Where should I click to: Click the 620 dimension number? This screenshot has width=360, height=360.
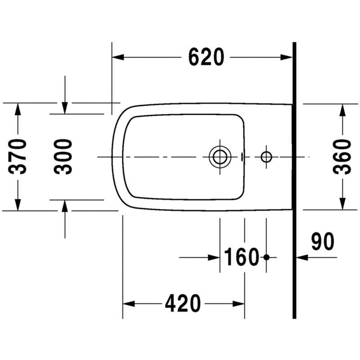coord(206,57)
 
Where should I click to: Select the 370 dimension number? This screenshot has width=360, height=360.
coord(18,157)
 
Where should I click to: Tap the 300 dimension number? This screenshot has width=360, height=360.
coord(63,157)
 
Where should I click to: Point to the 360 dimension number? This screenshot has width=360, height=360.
coord(342,157)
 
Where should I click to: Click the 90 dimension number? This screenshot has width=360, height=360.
coord(323,241)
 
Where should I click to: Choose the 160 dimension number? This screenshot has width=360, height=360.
coord(241,257)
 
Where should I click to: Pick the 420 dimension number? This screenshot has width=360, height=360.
coord(183,303)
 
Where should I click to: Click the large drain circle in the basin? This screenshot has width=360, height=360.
coord(220,157)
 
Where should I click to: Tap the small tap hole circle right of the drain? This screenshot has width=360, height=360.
coord(266,157)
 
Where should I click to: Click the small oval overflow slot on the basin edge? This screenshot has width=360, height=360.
coord(242,157)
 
